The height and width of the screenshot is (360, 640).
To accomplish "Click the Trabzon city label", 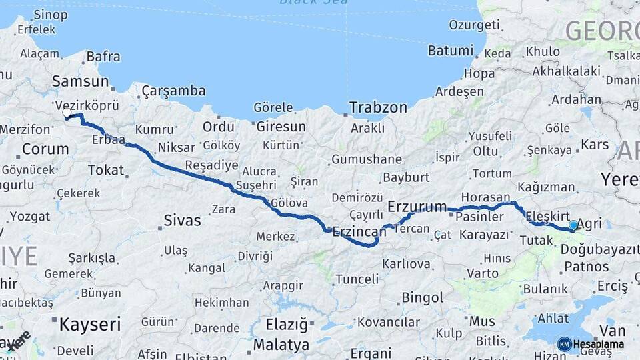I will [378, 107].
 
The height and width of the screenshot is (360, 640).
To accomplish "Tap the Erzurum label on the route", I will [417, 207].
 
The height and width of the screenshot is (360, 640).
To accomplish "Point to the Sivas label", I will [182, 220].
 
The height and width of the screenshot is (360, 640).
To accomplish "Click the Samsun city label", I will [80, 81].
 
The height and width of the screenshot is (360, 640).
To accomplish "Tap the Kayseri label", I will [90, 325].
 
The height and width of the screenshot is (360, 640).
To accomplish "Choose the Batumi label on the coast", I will [450, 51].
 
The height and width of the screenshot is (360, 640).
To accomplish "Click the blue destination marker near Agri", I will [573, 226].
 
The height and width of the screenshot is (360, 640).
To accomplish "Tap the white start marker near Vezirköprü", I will [67, 113].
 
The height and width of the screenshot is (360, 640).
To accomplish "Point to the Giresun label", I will [281, 127].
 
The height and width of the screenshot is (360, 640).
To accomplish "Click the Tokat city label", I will [106, 171].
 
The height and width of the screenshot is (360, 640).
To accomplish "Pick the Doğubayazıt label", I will [595, 249].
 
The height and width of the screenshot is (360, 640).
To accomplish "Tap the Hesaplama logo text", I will [598, 344].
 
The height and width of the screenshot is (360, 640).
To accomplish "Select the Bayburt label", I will [405, 178].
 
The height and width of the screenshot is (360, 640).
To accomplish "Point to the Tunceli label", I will [357, 279].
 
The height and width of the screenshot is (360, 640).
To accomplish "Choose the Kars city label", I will [595, 145].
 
